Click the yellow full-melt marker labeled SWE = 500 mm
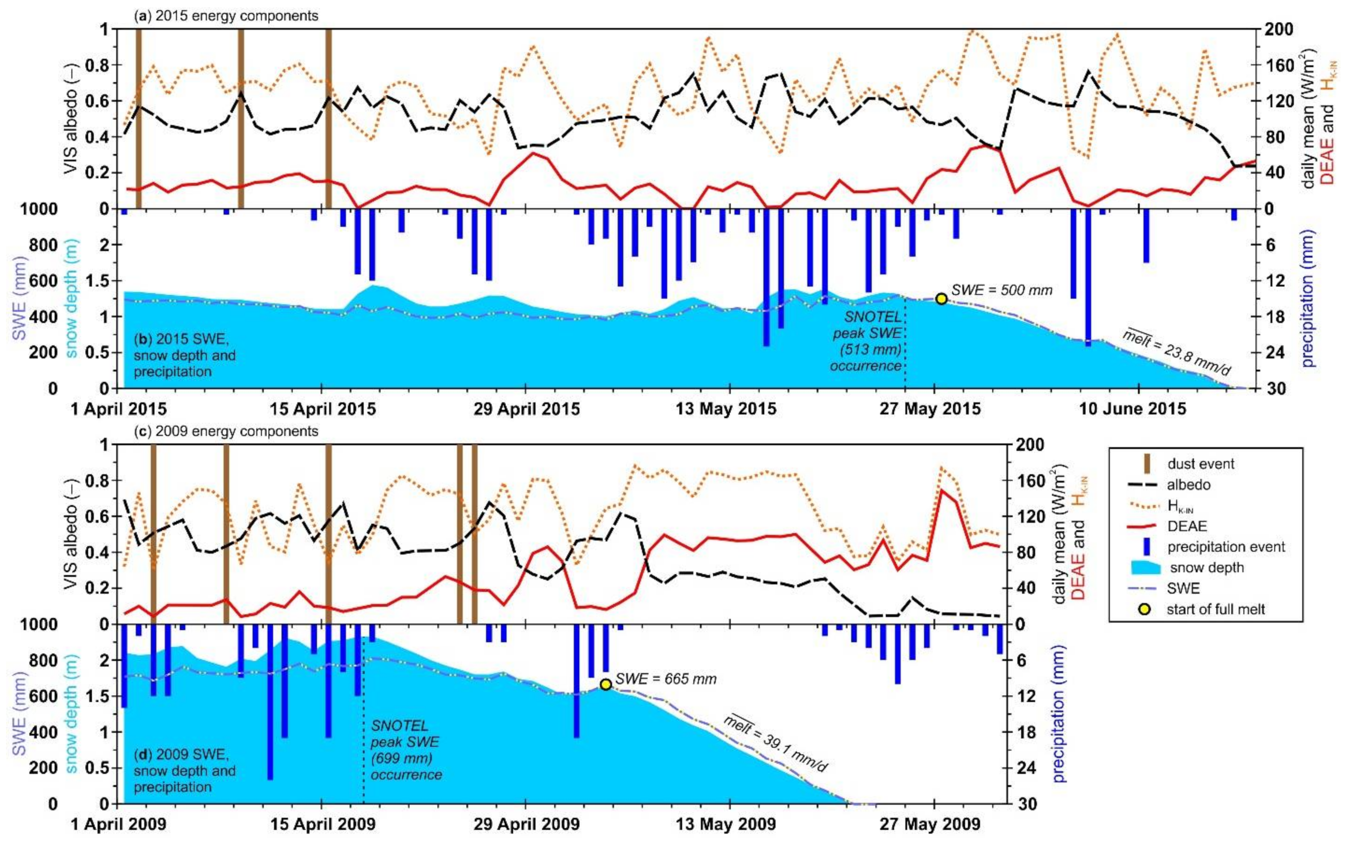point(941,298)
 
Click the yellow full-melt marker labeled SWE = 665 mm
point(605,685)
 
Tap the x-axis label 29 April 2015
point(526,409)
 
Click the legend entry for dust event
point(1200,463)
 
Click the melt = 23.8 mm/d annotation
point(1176,354)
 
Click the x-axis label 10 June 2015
point(1132,409)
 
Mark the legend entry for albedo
point(1188,484)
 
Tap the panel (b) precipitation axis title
point(1308,298)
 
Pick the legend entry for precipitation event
point(1226,546)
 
